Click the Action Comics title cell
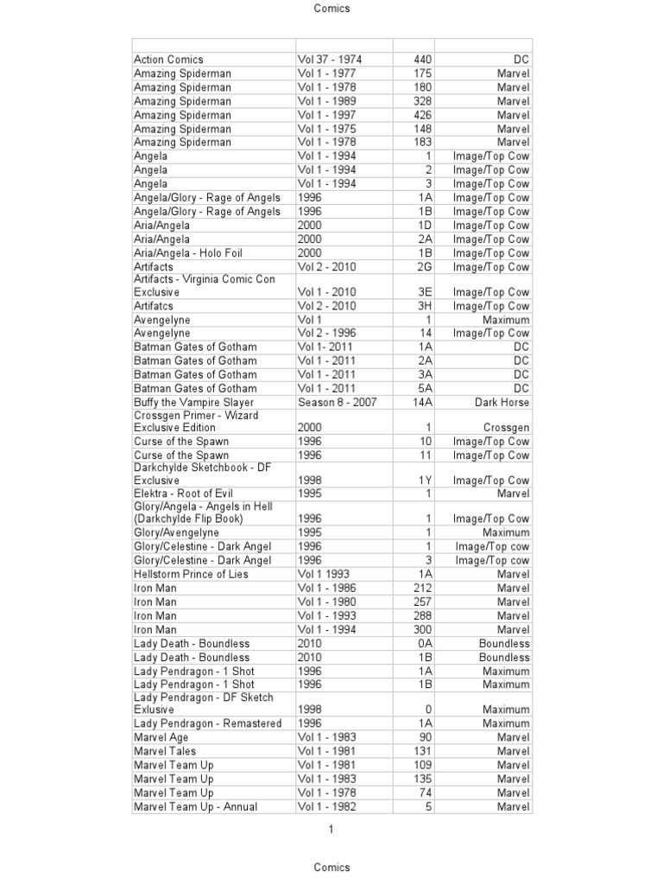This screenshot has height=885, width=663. tap(169, 60)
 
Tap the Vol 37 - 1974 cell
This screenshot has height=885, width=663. tap(330, 60)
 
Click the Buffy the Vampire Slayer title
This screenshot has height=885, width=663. tap(194, 402)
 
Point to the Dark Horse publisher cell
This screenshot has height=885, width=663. tap(502, 402)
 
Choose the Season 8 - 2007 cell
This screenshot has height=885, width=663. tap(338, 402)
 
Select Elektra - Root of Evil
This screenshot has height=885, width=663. tap(184, 493)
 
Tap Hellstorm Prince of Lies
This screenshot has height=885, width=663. tap(191, 574)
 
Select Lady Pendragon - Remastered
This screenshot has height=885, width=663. tap(208, 723)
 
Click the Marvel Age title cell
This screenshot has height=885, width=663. tap(161, 737)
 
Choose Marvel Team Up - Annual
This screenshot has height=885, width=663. tap(196, 806)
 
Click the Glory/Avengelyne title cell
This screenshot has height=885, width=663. tap(177, 532)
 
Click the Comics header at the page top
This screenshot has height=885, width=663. tap(332, 9)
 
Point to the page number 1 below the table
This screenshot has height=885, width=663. tap(331, 830)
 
